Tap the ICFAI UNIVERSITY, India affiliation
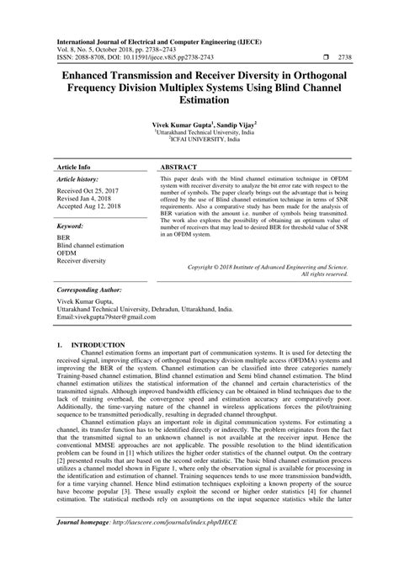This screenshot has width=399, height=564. pos(199,141)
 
